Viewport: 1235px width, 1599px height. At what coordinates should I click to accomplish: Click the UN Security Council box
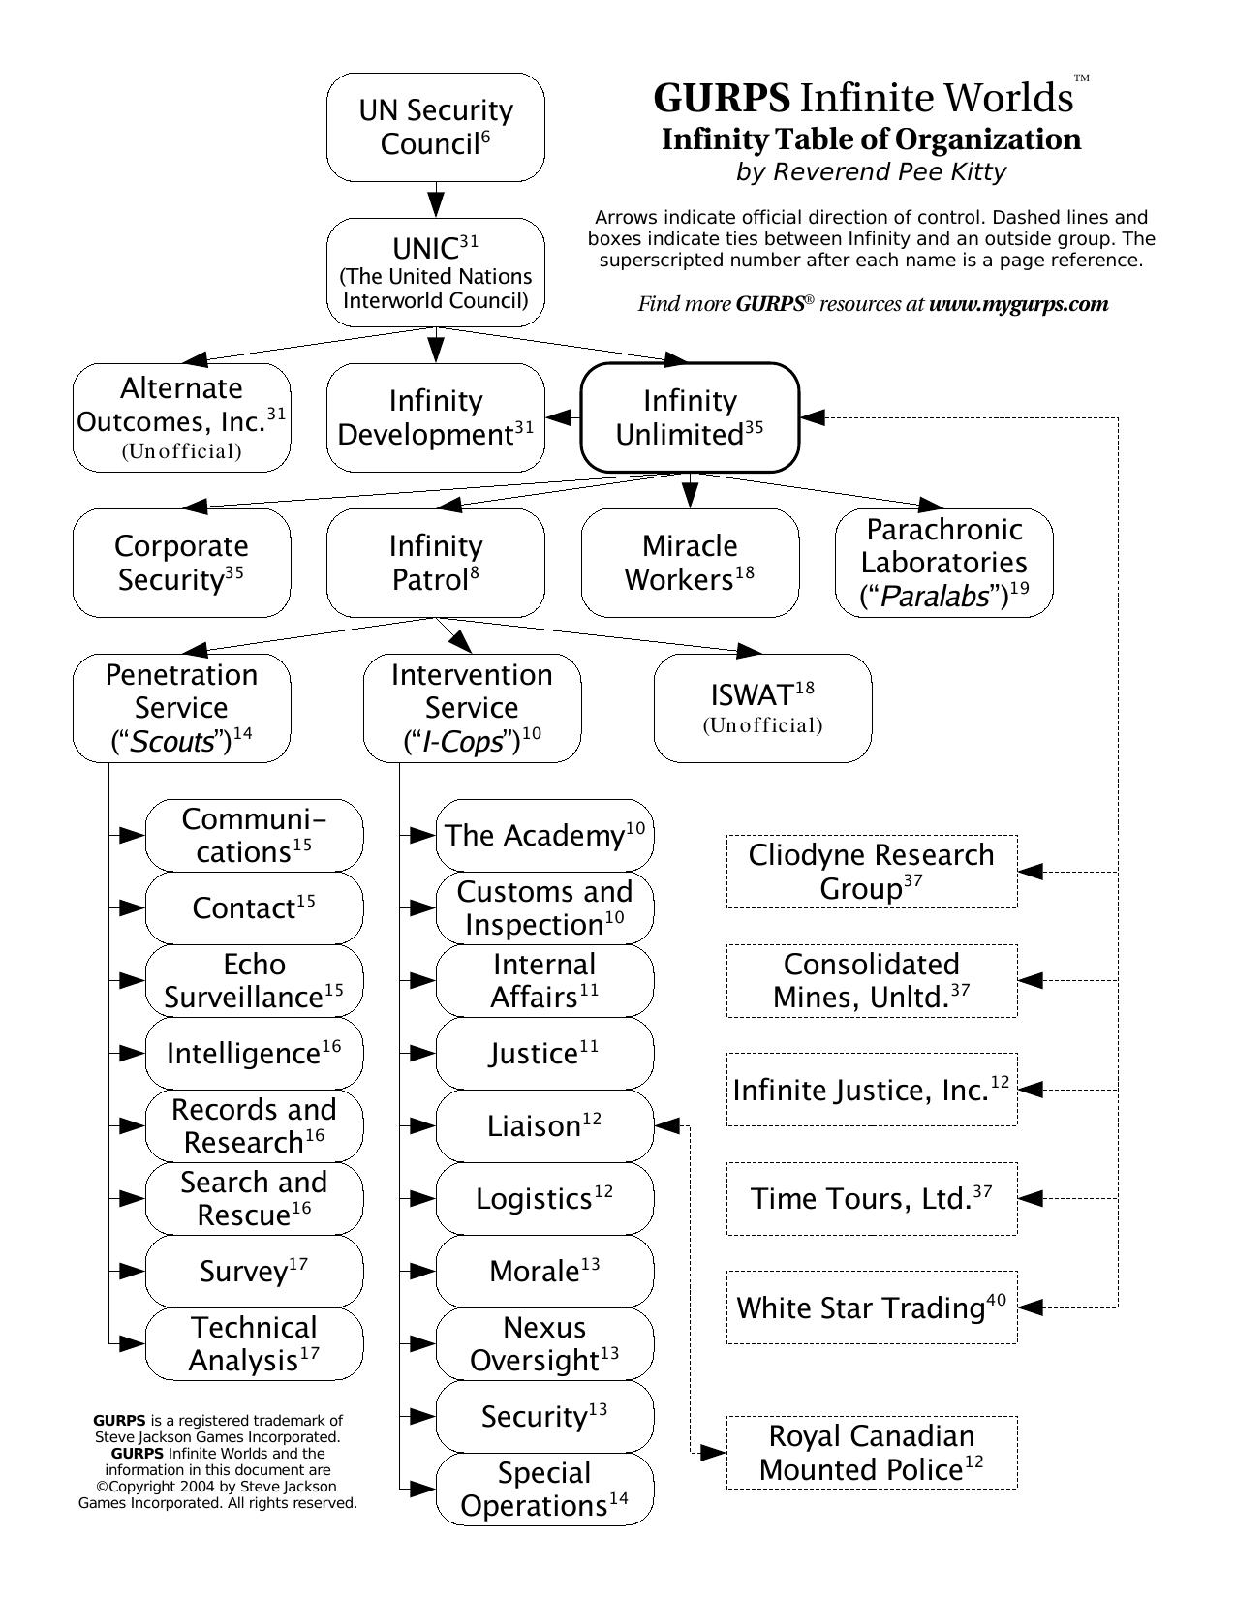pos(435,127)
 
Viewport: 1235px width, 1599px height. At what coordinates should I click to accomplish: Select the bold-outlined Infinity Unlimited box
pos(690,417)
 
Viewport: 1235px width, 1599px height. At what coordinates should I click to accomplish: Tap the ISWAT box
pos(762,708)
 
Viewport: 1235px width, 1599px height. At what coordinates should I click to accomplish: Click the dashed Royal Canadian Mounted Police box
pos(871,1453)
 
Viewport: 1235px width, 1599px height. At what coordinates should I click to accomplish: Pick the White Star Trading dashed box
pos(871,1307)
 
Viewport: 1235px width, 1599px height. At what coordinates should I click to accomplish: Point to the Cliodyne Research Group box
pos(871,872)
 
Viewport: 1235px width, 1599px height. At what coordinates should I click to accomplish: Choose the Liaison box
pos(544,1125)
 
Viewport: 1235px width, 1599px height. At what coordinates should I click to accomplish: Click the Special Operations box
pos(544,1489)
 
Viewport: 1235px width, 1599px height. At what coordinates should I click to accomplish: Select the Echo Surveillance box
pos(254,980)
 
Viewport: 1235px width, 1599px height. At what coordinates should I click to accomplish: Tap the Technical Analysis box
pos(254,1343)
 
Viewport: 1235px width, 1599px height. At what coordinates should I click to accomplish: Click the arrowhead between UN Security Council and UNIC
pos(436,203)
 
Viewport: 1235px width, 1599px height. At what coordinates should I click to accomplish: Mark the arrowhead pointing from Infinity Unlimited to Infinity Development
pos(560,417)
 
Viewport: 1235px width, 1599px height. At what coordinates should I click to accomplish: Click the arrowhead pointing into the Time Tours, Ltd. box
pos(1031,1198)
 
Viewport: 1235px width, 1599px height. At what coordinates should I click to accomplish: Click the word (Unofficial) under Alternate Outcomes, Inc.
pos(181,451)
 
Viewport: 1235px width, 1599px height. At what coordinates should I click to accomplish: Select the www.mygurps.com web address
pos(1018,304)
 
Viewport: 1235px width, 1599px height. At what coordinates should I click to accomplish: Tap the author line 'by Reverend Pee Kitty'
pos(871,172)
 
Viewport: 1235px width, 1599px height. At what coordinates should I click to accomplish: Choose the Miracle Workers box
pos(690,563)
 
